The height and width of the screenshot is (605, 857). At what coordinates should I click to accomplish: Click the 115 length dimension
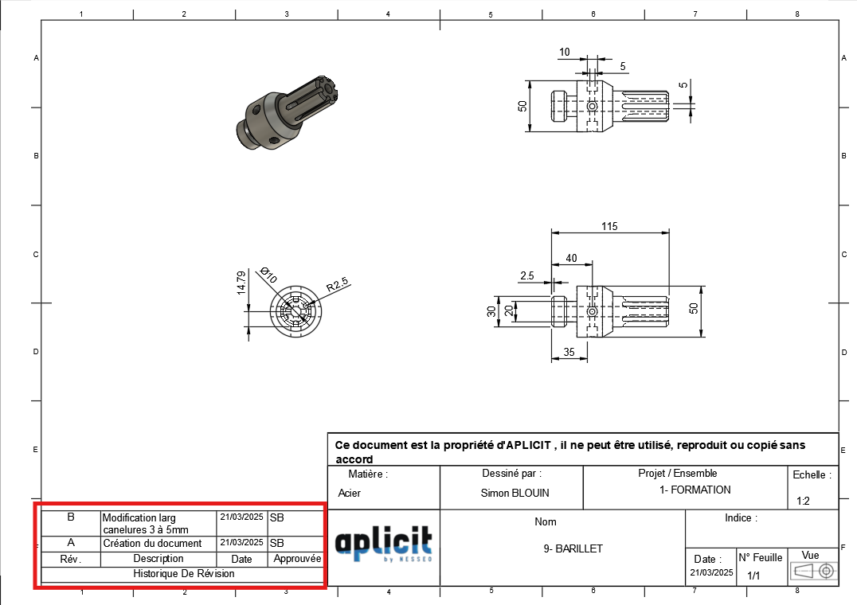pos(609,227)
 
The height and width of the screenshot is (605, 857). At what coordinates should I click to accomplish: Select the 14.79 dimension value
pos(241,283)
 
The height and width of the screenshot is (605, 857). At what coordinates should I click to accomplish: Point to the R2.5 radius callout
pos(338,283)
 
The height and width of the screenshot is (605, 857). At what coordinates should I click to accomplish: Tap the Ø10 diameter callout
pos(268,276)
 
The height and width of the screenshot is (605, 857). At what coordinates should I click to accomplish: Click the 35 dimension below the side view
pos(569,350)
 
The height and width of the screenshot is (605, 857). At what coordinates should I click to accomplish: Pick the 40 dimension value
pos(571,258)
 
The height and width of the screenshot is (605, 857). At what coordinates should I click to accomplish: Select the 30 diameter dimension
pos(491,311)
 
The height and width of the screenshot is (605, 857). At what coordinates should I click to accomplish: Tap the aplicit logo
pos(384,544)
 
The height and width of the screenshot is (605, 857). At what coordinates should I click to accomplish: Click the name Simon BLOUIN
pos(515,493)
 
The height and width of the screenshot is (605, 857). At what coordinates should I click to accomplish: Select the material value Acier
pos(350,493)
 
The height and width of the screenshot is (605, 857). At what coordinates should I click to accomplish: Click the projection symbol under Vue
pos(811,571)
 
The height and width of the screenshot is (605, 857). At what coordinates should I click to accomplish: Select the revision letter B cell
pos(71,517)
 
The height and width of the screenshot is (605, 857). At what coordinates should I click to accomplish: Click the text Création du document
pos(152,543)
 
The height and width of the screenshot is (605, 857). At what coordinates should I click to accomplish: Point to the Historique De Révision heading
pos(184,573)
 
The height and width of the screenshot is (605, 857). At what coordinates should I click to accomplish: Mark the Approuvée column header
pos(297,559)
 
